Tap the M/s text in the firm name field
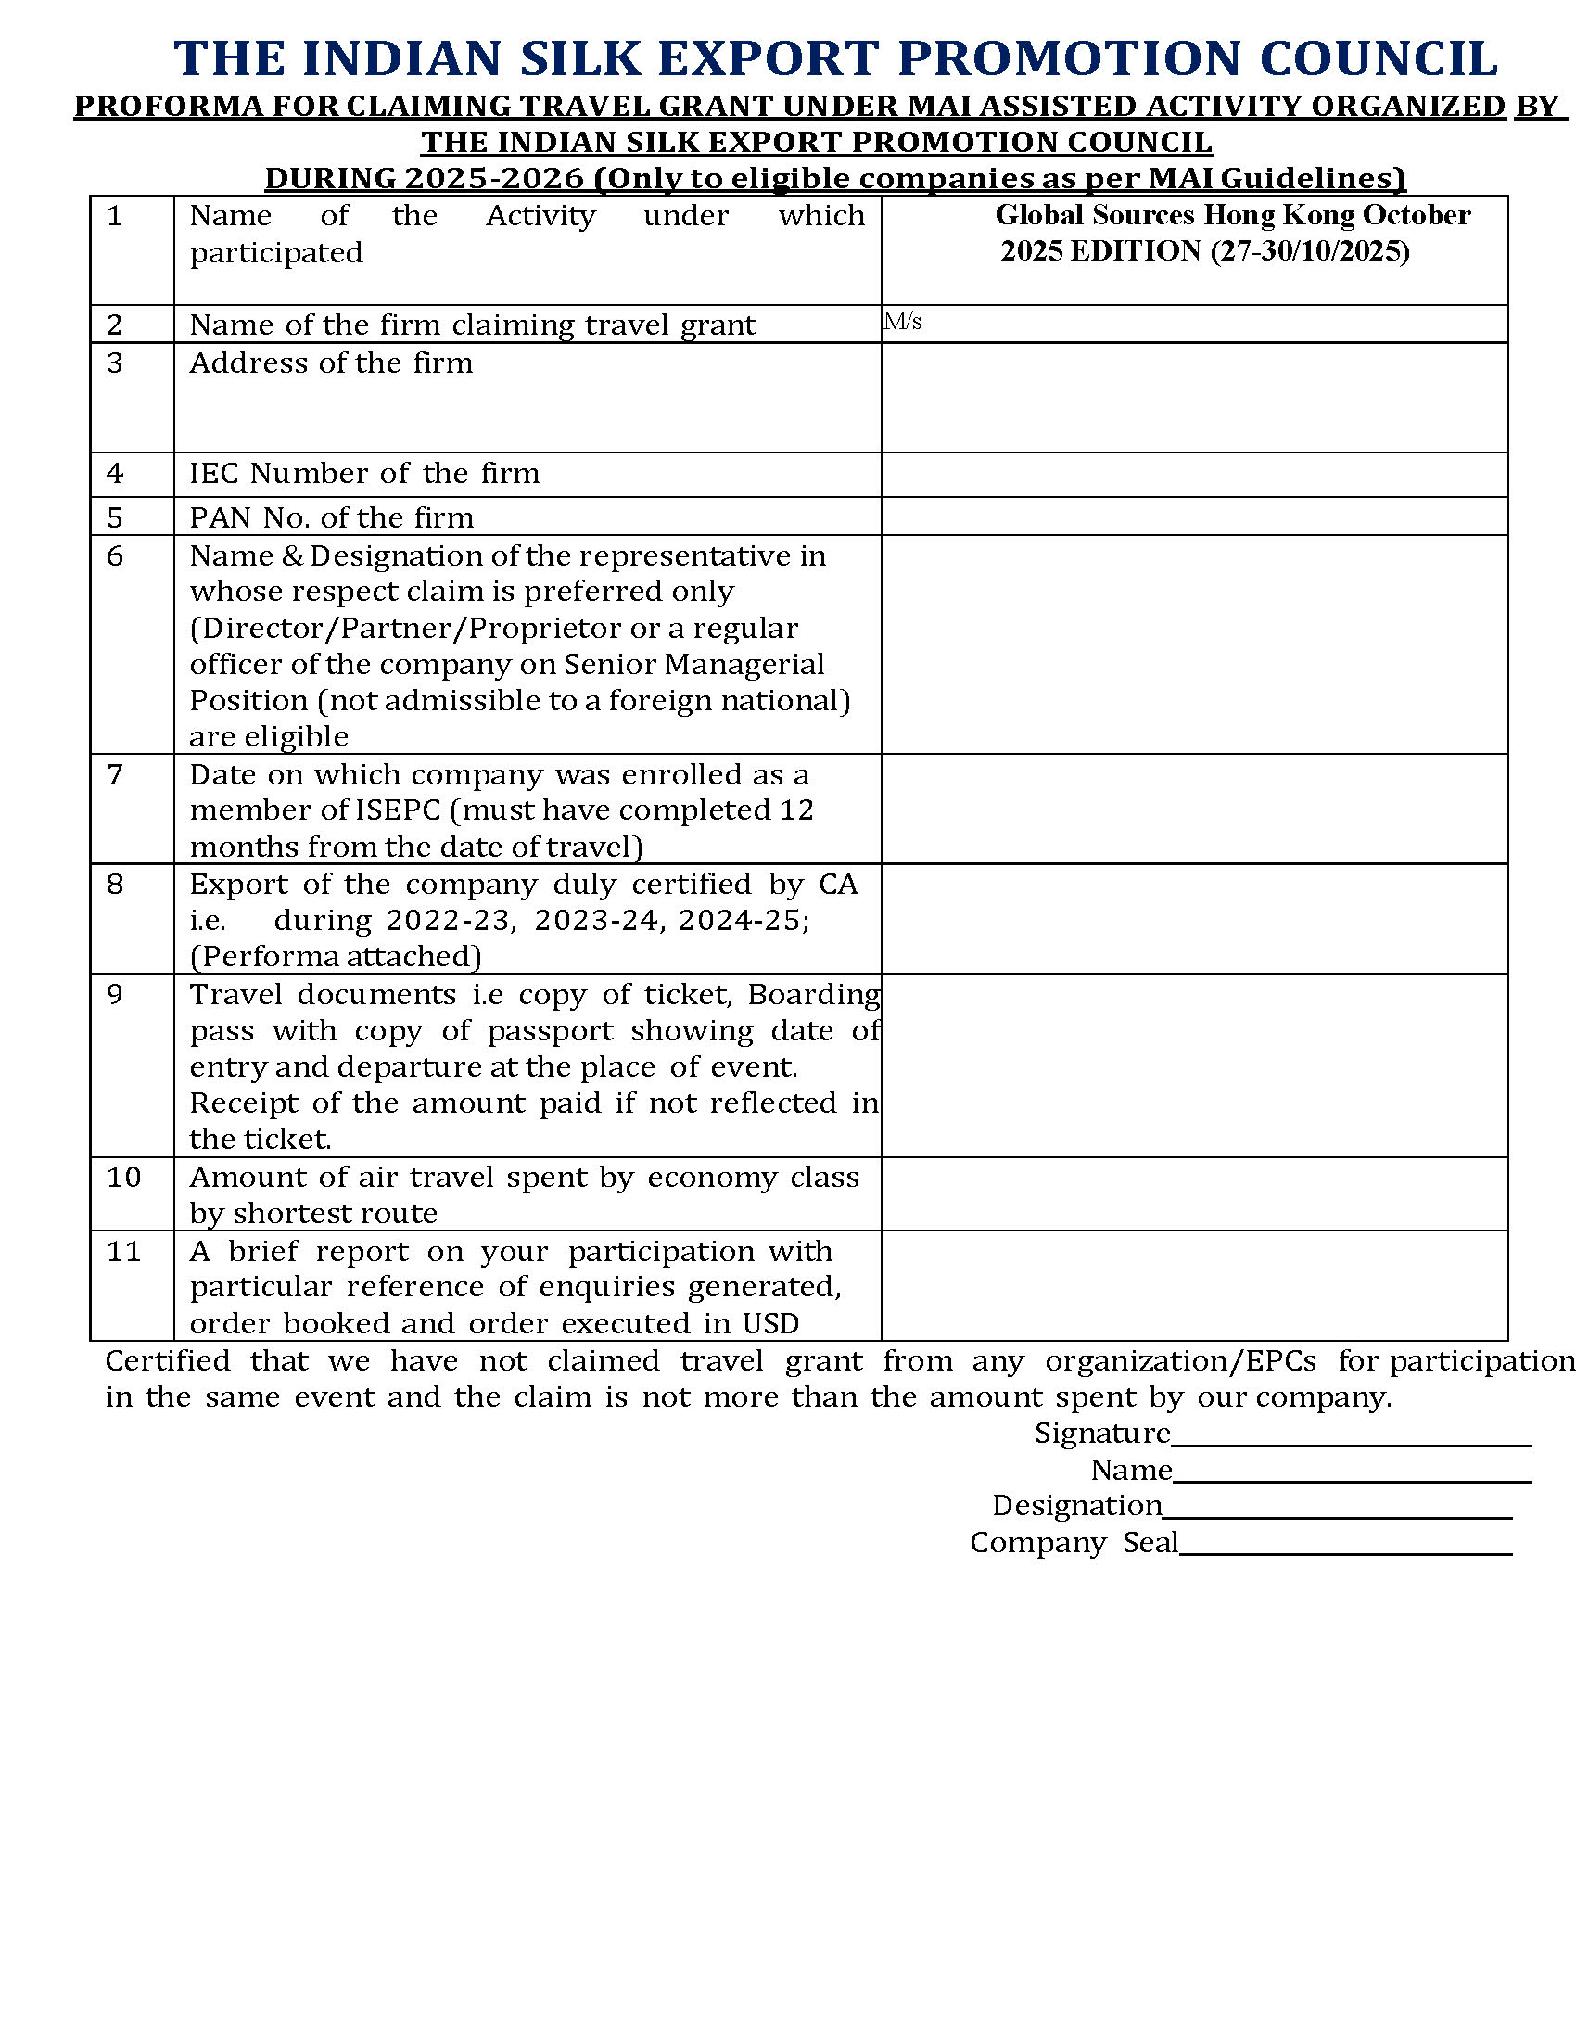903,323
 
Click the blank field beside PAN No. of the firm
1193,516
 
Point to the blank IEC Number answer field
1193,475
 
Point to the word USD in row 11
771,1323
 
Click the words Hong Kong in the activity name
1278,215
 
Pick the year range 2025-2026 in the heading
495,177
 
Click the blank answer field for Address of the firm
1193,398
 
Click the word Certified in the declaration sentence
168,1361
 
